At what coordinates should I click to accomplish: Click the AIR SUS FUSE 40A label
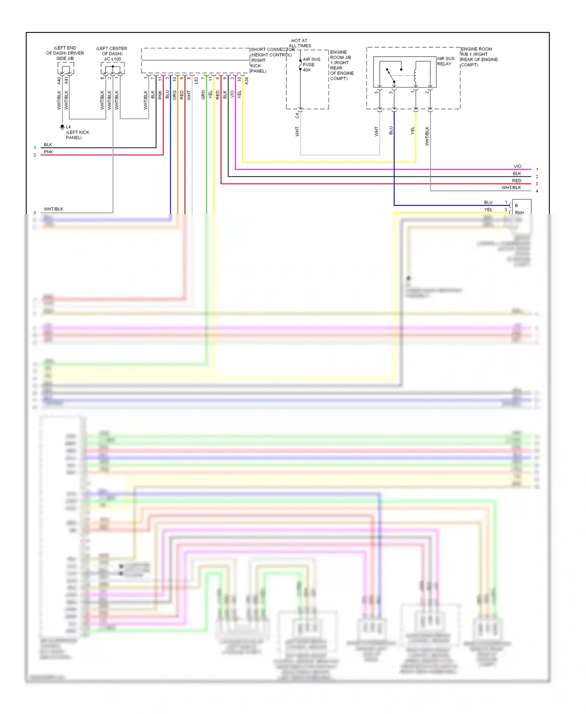point(311,65)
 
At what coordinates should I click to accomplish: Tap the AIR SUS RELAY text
point(445,61)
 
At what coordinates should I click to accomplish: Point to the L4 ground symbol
point(62,127)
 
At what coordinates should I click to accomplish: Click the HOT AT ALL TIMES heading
point(300,43)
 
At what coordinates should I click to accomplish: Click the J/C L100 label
point(112,59)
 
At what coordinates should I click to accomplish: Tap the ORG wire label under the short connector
point(175,95)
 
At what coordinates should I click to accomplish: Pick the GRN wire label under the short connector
point(203,95)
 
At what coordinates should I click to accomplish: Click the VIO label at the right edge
point(517,166)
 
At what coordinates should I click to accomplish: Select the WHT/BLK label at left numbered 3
point(54,209)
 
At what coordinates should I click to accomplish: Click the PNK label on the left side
point(48,152)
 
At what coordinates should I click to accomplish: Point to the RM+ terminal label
point(519,212)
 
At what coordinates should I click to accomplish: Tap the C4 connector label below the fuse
point(297,116)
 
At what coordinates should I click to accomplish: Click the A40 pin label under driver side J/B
point(59,80)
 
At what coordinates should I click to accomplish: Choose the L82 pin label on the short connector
point(196,80)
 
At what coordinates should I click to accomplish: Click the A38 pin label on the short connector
point(247,80)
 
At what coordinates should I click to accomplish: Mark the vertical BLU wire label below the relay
point(391,131)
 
